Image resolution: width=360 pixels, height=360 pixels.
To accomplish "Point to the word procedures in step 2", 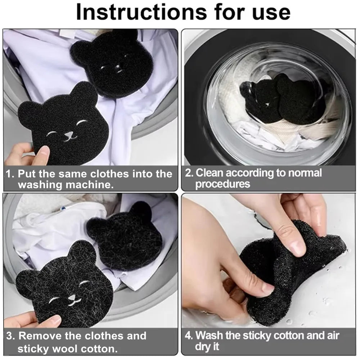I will click(x=222, y=184).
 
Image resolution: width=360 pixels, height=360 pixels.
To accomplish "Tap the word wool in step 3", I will click(x=70, y=348).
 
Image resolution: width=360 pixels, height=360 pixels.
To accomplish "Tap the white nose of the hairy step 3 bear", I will click(x=72, y=298).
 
